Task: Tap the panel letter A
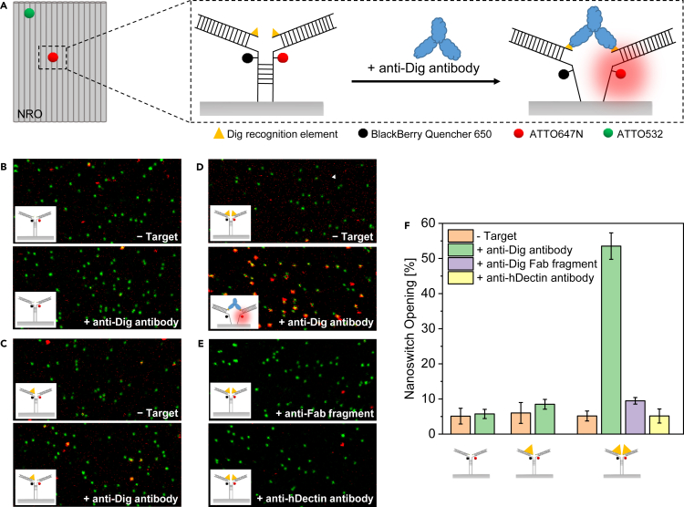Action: click(5, 6)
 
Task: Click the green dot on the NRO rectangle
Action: click(29, 14)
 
